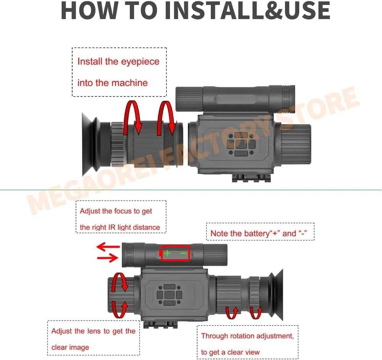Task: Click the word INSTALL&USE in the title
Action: point(247,10)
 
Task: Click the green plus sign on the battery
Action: point(167,253)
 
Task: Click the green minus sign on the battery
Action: point(183,253)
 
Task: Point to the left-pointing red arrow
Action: point(108,247)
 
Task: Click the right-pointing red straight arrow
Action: point(107,258)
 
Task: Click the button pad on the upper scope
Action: point(241,144)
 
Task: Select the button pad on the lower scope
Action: point(170,294)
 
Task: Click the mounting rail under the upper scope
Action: point(251,178)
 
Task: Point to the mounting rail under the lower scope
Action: point(160,324)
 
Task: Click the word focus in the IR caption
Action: point(123,211)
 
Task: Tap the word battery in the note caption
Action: point(257,233)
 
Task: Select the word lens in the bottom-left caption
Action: point(94,331)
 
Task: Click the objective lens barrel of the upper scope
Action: point(296,144)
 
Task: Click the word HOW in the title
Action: point(89,10)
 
